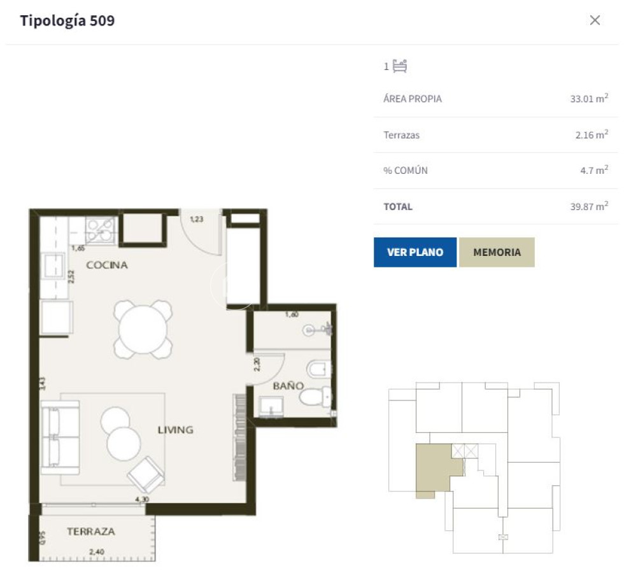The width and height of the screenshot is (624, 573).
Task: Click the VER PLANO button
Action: [x=415, y=252]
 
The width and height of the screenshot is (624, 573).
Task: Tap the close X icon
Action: [x=595, y=20]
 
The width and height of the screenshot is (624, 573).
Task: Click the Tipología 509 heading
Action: [x=67, y=20]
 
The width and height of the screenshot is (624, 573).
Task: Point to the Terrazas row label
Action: [x=401, y=135]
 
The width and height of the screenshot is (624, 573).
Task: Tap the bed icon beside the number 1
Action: [x=400, y=66]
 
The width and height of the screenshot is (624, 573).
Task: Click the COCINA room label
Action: [x=107, y=265]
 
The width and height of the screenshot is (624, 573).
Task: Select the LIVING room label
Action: [x=175, y=430]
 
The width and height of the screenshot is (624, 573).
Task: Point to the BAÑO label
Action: [x=288, y=386]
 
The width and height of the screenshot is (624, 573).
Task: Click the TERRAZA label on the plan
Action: [x=91, y=531]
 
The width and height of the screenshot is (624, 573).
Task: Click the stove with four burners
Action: [x=101, y=230]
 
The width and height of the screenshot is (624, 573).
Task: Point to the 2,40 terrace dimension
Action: [x=97, y=551]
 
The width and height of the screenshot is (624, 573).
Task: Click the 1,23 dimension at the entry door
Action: [x=197, y=220]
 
